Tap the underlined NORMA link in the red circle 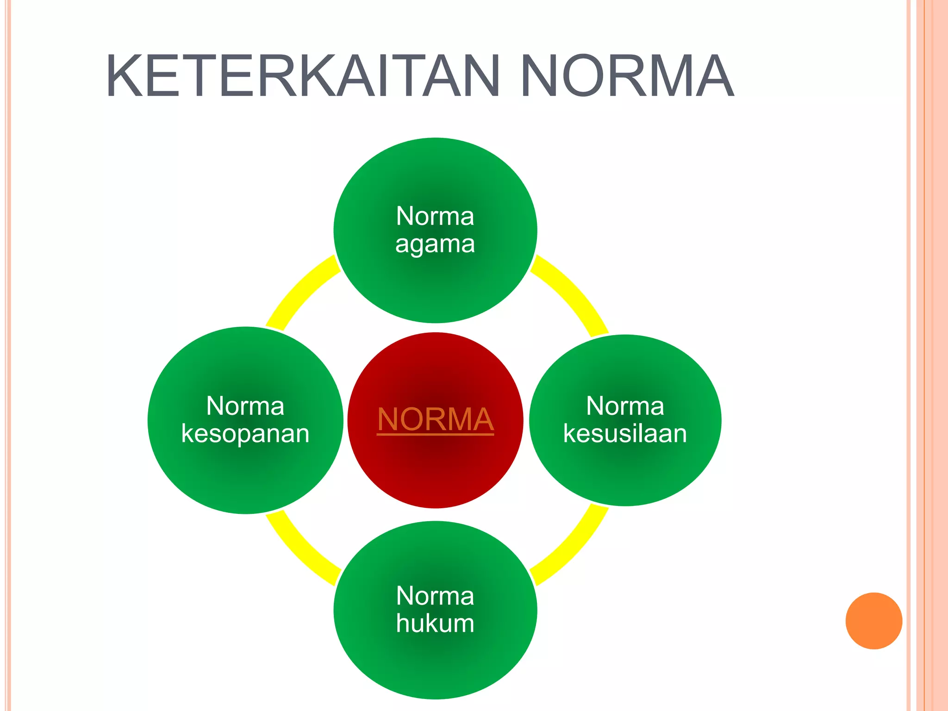click(x=435, y=419)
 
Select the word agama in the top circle click(x=435, y=244)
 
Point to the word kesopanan click(x=245, y=434)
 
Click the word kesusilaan click(x=625, y=434)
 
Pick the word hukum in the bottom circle click(x=435, y=623)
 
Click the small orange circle click(x=873, y=621)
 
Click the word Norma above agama click(x=435, y=216)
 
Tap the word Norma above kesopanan click(x=245, y=406)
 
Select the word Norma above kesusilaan click(x=625, y=406)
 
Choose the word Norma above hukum click(x=435, y=596)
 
